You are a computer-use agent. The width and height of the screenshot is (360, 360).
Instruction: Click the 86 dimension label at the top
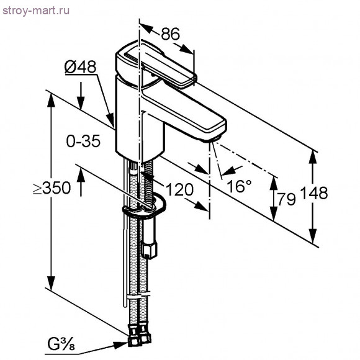tap(170, 35)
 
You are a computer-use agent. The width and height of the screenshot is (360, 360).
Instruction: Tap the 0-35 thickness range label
tap(83, 142)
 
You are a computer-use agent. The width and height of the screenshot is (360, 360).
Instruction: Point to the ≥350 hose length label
tap(52, 189)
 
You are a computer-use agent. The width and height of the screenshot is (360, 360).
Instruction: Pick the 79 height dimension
tap(287, 199)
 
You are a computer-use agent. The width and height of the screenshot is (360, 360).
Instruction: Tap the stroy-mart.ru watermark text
tap(35, 11)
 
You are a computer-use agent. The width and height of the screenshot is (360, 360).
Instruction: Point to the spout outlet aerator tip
tap(215, 137)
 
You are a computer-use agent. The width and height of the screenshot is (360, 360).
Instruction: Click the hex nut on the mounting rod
tap(149, 250)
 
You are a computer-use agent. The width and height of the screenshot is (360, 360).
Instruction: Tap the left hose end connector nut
tap(133, 340)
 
